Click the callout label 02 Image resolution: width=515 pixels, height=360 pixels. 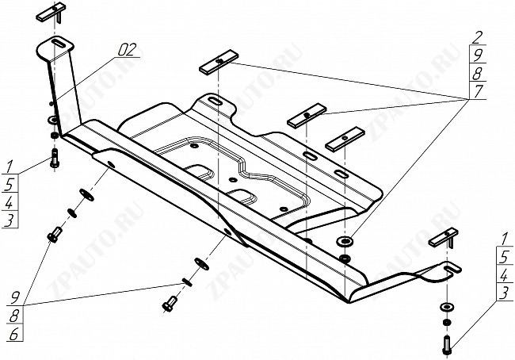tap(127, 50)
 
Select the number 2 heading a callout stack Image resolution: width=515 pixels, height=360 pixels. tap(476, 38)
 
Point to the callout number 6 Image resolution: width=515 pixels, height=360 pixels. tap(13, 334)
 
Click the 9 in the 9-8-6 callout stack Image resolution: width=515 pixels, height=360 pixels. tap(15, 298)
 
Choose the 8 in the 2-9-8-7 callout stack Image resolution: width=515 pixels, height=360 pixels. tap(477, 73)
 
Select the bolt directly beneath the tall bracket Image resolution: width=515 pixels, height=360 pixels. tap(54, 158)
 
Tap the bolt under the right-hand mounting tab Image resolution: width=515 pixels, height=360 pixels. tap(447, 345)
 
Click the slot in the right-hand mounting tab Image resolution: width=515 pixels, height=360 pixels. tap(452, 269)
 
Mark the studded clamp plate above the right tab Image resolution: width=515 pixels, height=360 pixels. tap(443, 239)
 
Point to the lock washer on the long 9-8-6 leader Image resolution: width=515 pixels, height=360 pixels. tap(187, 282)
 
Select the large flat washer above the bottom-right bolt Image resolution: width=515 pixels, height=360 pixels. tap(447, 307)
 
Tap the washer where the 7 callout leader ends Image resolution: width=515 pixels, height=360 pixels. tap(345, 242)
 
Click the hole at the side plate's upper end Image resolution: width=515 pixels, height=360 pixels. tap(111, 165)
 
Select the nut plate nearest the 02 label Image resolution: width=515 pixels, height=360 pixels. tap(219, 61)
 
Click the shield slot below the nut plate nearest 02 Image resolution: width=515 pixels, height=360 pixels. tap(216, 101)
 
